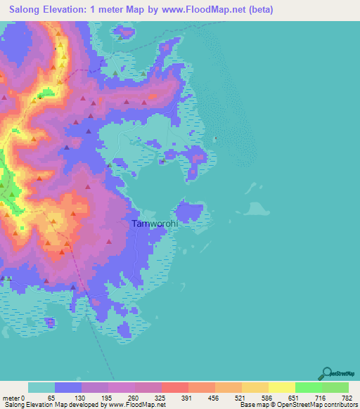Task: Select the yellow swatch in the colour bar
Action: (x=281, y=388)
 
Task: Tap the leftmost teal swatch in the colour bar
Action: (x=41, y=388)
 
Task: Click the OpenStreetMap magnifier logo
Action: (x=326, y=373)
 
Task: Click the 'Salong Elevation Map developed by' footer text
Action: (x=48, y=405)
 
